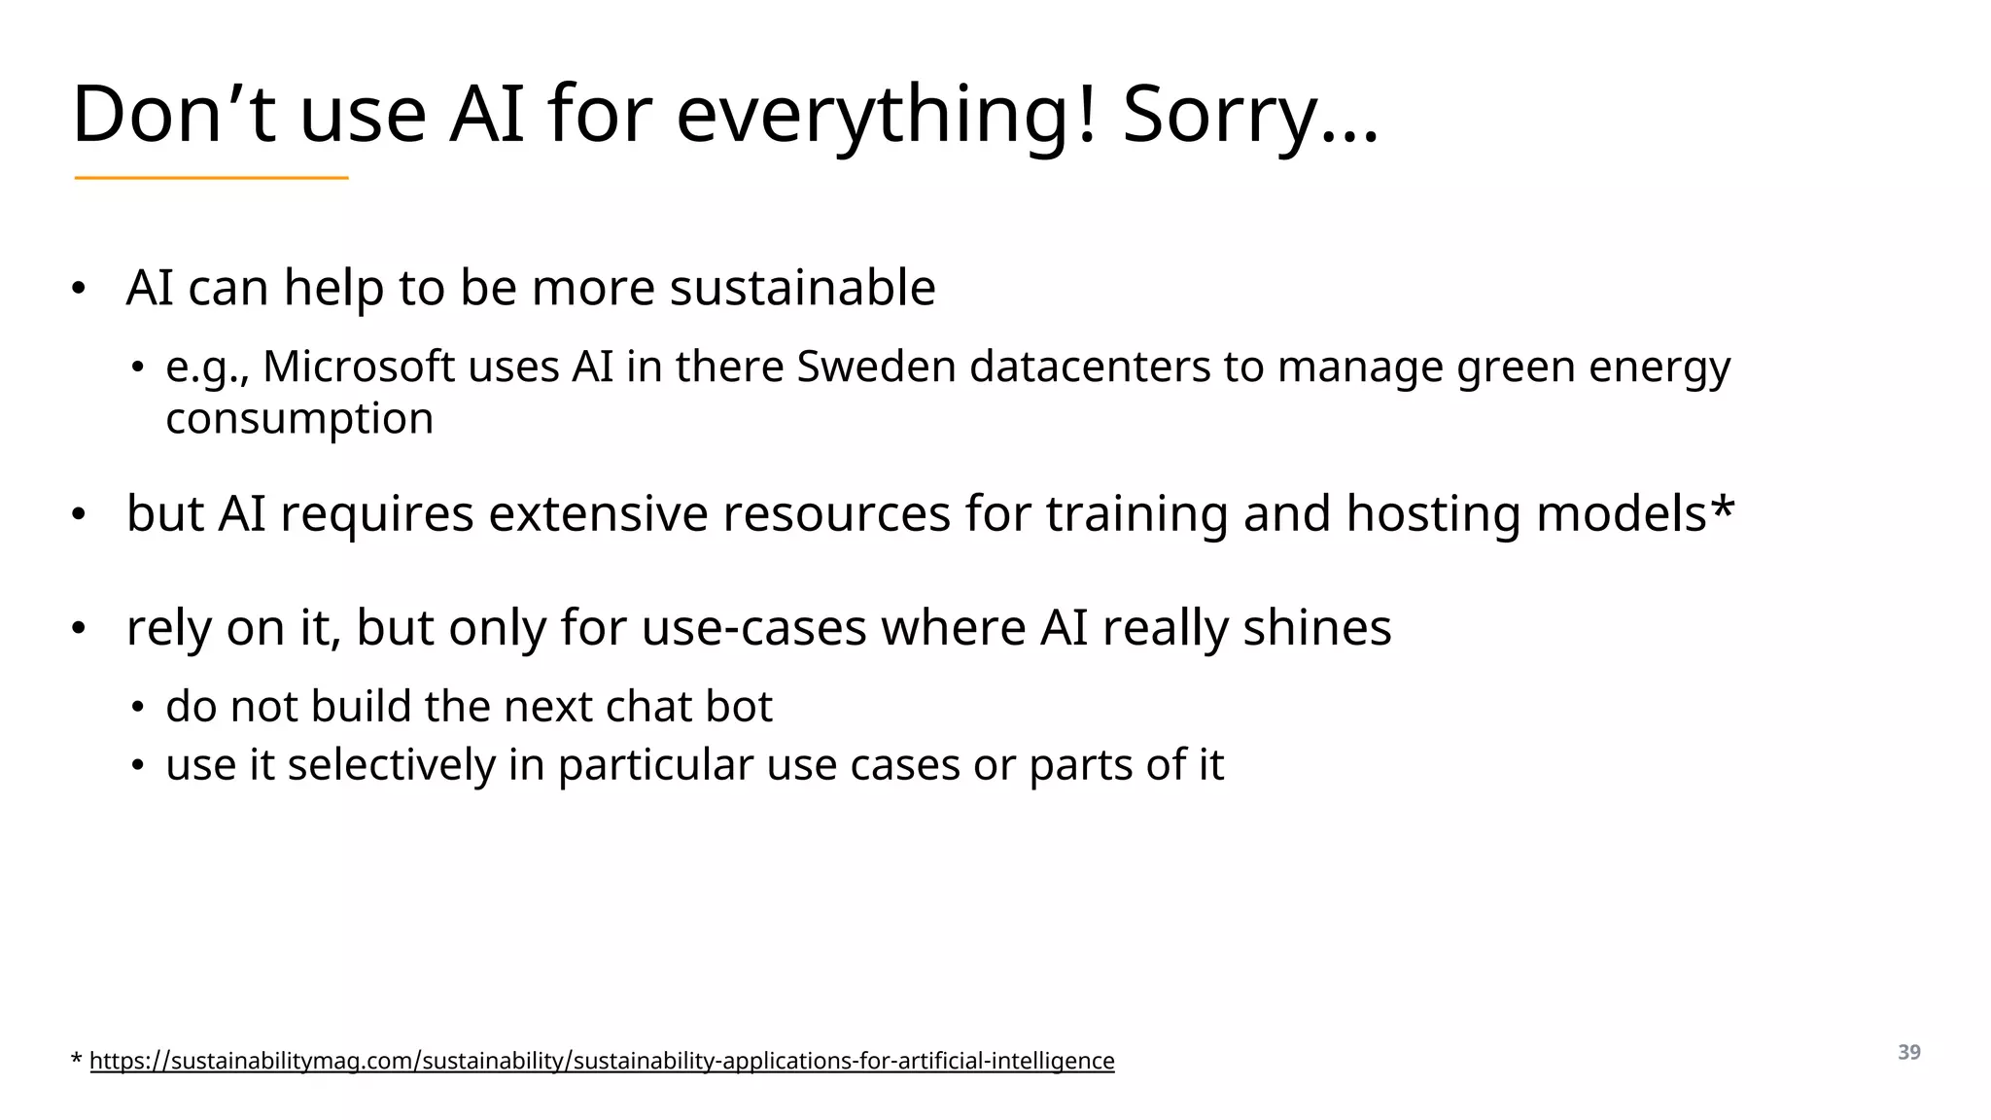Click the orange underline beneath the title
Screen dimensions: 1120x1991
pyautogui.click(x=211, y=178)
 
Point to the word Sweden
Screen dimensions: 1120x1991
pyautogui.click(x=876, y=367)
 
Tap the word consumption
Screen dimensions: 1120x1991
pyautogui.click(x=299, y=418)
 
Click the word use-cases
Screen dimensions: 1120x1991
pyautogui.click(x=753, y=627)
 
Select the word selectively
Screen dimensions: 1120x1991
pyautogui.click(x=391, y=764)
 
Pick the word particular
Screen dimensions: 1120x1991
pyautogui.click(x=654, y=764)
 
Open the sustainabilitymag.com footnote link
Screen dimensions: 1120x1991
pyautogui.click(x=602, y=1061)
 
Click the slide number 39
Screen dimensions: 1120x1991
pyautogui.click(x=1908, y=1052)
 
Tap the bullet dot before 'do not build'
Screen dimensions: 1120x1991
pyautogui.click(x=138, y=708)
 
